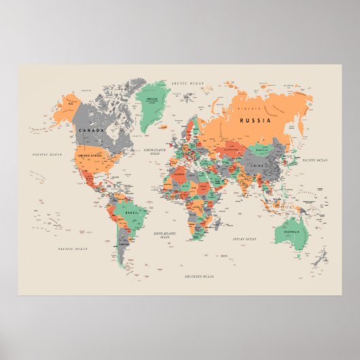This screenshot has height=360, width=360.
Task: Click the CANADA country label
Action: (x=92, y=129)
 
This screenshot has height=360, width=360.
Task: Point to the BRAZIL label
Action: (x=132, y=213)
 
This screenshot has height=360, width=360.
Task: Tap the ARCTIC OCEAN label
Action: (x=187, y=82)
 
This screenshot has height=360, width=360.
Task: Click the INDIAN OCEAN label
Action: (x=244, y=239)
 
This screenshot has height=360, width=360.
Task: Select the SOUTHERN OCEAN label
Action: (x=199, y=277)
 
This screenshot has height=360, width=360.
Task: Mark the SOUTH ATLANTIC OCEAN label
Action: (x=165, y=235)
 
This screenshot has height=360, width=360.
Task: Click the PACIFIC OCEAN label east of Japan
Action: (x=315, y=160)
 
